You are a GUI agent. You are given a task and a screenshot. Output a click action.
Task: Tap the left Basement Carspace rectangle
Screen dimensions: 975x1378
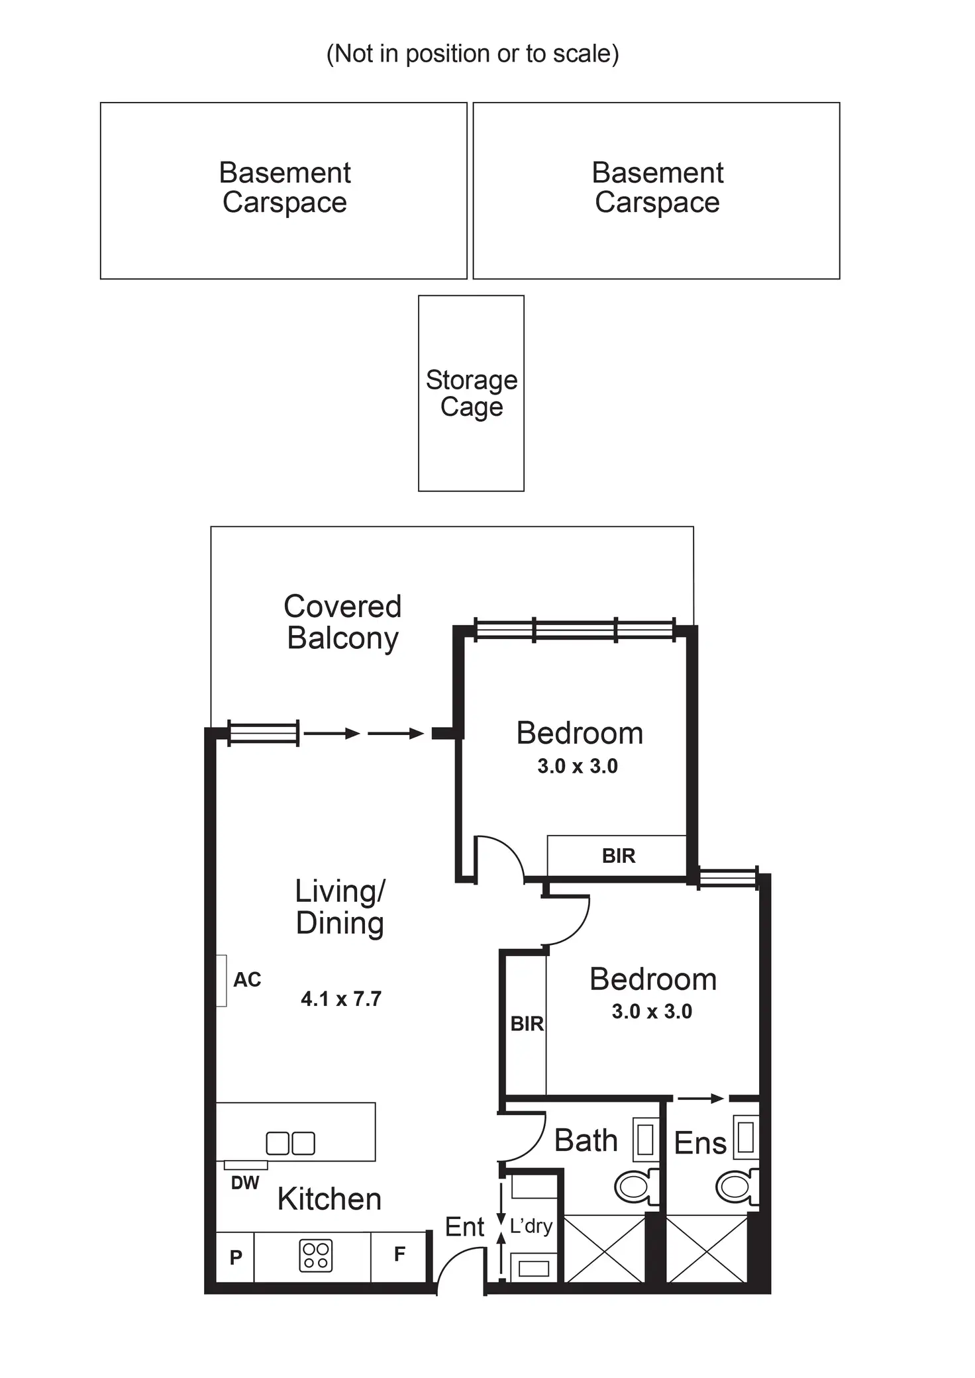pos(283,190)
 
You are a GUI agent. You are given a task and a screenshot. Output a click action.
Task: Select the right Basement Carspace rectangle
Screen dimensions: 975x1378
pos(656,190)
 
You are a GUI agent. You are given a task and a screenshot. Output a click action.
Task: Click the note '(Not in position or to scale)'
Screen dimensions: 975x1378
pos(472,54)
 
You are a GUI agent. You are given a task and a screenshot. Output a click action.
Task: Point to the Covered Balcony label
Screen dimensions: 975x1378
pos(342,622)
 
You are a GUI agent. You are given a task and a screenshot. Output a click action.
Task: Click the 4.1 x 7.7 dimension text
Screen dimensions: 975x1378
pos(341,999)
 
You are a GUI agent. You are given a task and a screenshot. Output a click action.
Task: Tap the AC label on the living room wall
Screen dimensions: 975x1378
pos(247,979)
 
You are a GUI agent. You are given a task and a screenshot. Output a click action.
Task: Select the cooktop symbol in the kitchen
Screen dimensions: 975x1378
pos(315,1256)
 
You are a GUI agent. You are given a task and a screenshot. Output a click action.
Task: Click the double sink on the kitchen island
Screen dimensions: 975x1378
pos(290,1144)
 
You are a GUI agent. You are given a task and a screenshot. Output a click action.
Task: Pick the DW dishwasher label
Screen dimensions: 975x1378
pos(244,1183)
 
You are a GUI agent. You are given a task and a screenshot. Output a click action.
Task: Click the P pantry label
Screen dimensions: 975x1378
pos(236,1257)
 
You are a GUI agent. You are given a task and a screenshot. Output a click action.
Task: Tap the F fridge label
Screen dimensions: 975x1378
pos(399,1254)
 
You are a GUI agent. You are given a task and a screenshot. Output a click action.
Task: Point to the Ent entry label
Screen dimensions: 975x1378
pos(465,1228)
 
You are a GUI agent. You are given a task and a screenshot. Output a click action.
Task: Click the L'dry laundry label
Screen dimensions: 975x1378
pos(531,1226)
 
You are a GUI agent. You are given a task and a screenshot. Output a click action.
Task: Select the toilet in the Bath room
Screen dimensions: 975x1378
pos(635,1187)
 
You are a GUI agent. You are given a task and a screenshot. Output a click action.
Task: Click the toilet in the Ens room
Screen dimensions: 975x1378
pos(735,1187)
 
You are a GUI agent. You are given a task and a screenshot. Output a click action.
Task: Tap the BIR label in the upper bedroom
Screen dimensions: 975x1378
pos(619,856)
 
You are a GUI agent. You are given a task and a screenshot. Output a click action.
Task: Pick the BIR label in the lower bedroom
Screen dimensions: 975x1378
pos(527,1024)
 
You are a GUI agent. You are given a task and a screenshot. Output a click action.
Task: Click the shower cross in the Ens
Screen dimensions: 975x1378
pos(707,1249)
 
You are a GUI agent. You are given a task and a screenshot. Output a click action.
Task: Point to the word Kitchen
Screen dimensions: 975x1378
pos(329,1199)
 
